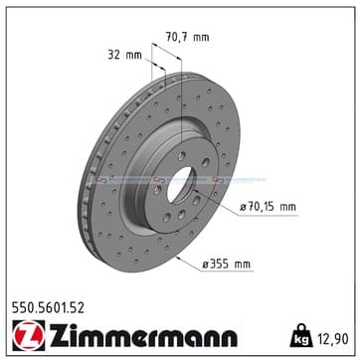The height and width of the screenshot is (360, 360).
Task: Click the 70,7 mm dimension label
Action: pyautogui.click(x=188, y=37)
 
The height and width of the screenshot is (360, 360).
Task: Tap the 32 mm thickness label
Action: pyautogui.click(x=124, y=55)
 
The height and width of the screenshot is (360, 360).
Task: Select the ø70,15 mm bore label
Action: pyautogui.click(x=268, y=207)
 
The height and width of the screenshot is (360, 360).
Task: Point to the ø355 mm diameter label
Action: pyautogui.click(x=227, y=265)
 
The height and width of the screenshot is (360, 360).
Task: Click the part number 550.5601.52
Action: pyautogui.click(x=48, y=308)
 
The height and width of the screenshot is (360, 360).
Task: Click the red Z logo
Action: pyautogui.click(x=29, y=335)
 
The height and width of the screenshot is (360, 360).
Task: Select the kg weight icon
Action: pyautogui.click(x=301, y=335)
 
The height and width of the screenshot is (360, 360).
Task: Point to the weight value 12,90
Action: pyautogui.click(x=333, y=339)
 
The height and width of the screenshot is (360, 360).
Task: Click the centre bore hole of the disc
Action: pyautogui.click(x=180, y=185)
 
